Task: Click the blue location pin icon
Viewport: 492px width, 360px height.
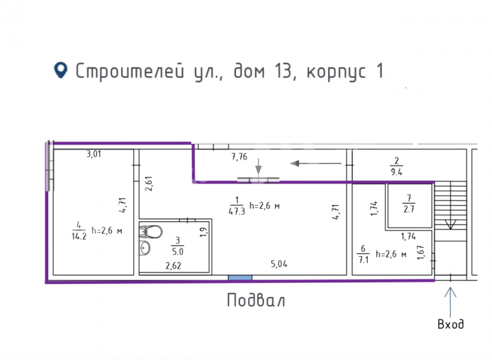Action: pyautogui.click(x=61, y=70)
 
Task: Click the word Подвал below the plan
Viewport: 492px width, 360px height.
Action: pyautogui.click(x=256, y=301)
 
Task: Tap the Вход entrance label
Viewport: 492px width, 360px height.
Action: pyautogui.click(x=451, y=324)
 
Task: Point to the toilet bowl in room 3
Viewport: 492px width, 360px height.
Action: pyautogui.click(x=151, y=232)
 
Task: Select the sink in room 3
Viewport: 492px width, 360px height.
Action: pyautogui.click(x=145, y=248)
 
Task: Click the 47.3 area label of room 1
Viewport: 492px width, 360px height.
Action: pyautogui.click(x=236, y=211)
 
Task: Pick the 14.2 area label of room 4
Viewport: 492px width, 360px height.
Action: pyautogui.click(x=79, y=236)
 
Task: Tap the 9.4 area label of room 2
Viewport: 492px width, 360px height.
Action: pyautogui.click(x=396, y=172)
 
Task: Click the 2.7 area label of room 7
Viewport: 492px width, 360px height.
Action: pyautogui.click(x=409, y=209)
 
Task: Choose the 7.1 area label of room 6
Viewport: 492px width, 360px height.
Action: pyautogui.click(x=364, y=260)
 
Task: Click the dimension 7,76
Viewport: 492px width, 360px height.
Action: pyautogui.click(x=239, y=157)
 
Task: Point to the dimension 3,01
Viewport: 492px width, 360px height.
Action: pyautogui.click(x=94, y=154)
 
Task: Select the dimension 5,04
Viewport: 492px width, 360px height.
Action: pyautogui.click(x=279, y=264)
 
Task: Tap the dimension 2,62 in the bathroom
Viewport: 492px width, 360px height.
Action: pyautogui.click(x=173, y=266)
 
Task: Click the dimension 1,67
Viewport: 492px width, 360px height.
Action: pyautogui.click(x=421, y=253)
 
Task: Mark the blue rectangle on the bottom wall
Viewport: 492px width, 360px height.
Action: pyautogui.click(x=240, y=278)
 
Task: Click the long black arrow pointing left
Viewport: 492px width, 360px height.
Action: pyautogui.click(x=316, y=163)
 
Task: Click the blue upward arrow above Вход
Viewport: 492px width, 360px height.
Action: pyautogui.click(x=450, y=302)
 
